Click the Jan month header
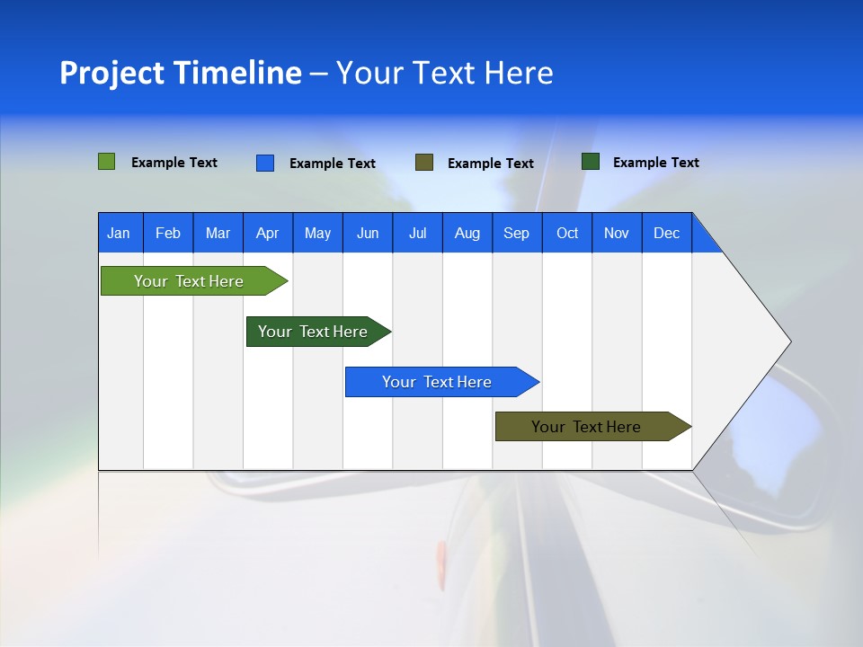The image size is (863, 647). point(120,233)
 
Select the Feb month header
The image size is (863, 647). point(168,233)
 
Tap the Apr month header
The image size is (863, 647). point(268,233)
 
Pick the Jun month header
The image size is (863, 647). point(368,233)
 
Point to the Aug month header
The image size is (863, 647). point(467,233)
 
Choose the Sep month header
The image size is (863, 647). point(517,233)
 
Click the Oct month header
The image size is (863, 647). point(567,233)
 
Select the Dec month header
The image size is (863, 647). point(667,233)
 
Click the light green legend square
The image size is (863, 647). point(107,162)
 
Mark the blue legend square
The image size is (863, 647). point(265,163)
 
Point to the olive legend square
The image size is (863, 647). point(424,163)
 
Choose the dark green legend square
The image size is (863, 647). point(591,162)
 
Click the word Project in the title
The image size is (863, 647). point(111,73)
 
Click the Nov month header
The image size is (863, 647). point(617,233)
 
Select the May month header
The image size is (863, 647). point(317,233)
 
